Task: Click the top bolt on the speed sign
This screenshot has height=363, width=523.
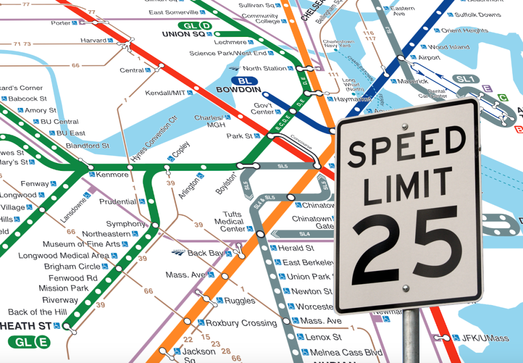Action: tap(405, 126)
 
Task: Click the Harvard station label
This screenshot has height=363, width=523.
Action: tap(93, 40)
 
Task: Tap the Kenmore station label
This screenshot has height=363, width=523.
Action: tap(112, 175)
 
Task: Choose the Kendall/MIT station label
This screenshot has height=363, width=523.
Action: tap(165, 93)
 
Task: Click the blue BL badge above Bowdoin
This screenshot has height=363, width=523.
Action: tap(244, 81)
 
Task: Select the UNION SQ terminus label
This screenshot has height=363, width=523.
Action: tap(183, 34)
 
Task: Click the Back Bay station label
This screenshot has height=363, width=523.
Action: tap(205, 253)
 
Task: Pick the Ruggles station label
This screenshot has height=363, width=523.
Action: tap(239, 301)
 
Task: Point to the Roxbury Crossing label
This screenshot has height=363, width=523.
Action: tap(241, 323)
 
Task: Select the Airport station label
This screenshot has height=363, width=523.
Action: tap(429, 58)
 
